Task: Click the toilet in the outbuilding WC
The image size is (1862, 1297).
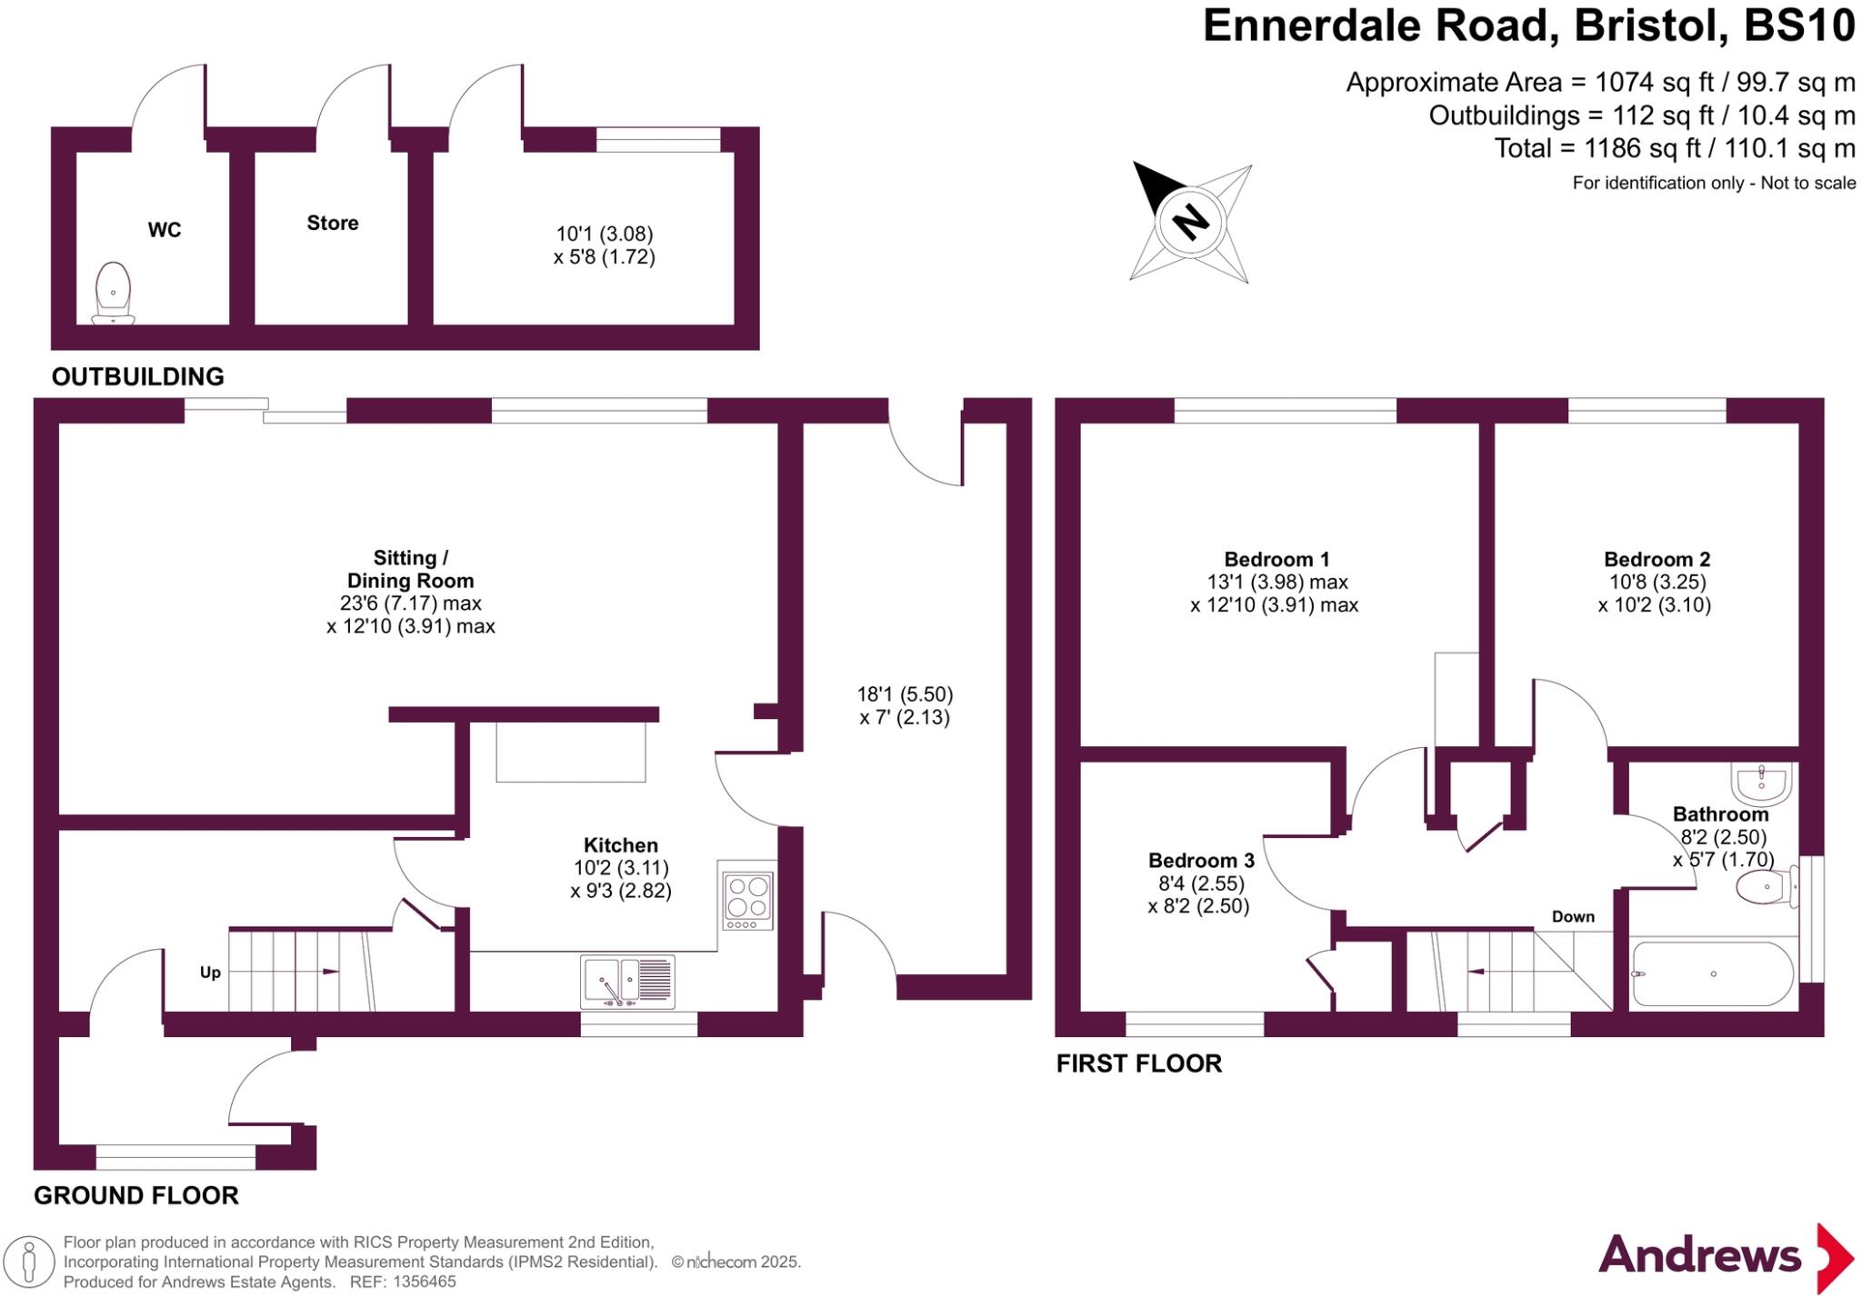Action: point(114,293)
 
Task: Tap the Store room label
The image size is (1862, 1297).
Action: point(333,223)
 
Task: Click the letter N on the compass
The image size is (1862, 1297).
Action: point(1190,222)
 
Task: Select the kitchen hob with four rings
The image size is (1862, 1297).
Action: point(747,900)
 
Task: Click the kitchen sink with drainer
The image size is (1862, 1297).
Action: point(627,982)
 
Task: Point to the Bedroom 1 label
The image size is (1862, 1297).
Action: point(1276,559)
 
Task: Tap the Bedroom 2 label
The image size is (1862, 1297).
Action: point(1657,559)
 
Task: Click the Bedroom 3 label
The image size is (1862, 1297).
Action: point(1201,860)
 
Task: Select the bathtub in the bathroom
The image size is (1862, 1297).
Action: point(1713,973)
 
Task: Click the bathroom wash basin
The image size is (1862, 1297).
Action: point(1762,784)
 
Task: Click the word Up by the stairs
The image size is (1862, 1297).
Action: point(210,973)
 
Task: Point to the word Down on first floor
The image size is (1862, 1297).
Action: point(1573,916)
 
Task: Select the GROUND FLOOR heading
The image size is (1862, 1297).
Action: point(136,1195)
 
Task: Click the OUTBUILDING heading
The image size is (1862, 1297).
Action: point(137,376)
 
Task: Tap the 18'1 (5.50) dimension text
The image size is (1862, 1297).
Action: point(905,694)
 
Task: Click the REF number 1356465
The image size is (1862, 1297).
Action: point(421,1282)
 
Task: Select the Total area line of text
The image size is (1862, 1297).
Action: point(1674,148)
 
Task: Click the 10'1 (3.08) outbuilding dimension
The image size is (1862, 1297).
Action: point(605,234)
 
